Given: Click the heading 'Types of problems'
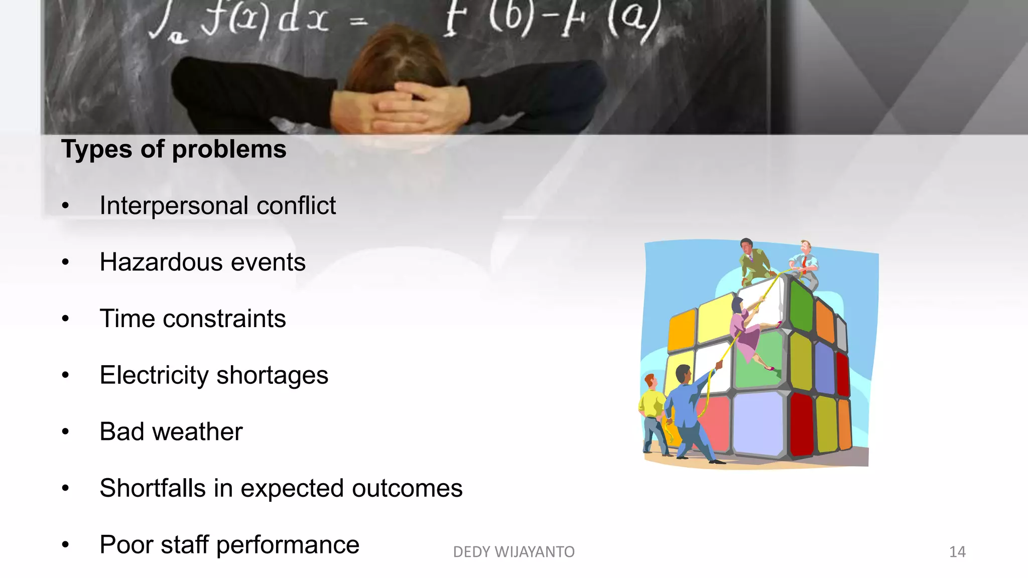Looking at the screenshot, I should coord(174,150).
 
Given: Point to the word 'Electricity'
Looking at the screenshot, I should coord(154,375).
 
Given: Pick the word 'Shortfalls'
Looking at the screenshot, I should coord(153,489).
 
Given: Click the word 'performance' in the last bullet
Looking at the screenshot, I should coord(288,545).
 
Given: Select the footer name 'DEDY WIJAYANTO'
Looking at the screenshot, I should coord(513,552).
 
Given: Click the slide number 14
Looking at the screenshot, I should coord(957,552).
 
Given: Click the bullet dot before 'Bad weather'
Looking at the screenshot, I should coord(65,432).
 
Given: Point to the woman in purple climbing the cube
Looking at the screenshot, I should coord(745,331).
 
